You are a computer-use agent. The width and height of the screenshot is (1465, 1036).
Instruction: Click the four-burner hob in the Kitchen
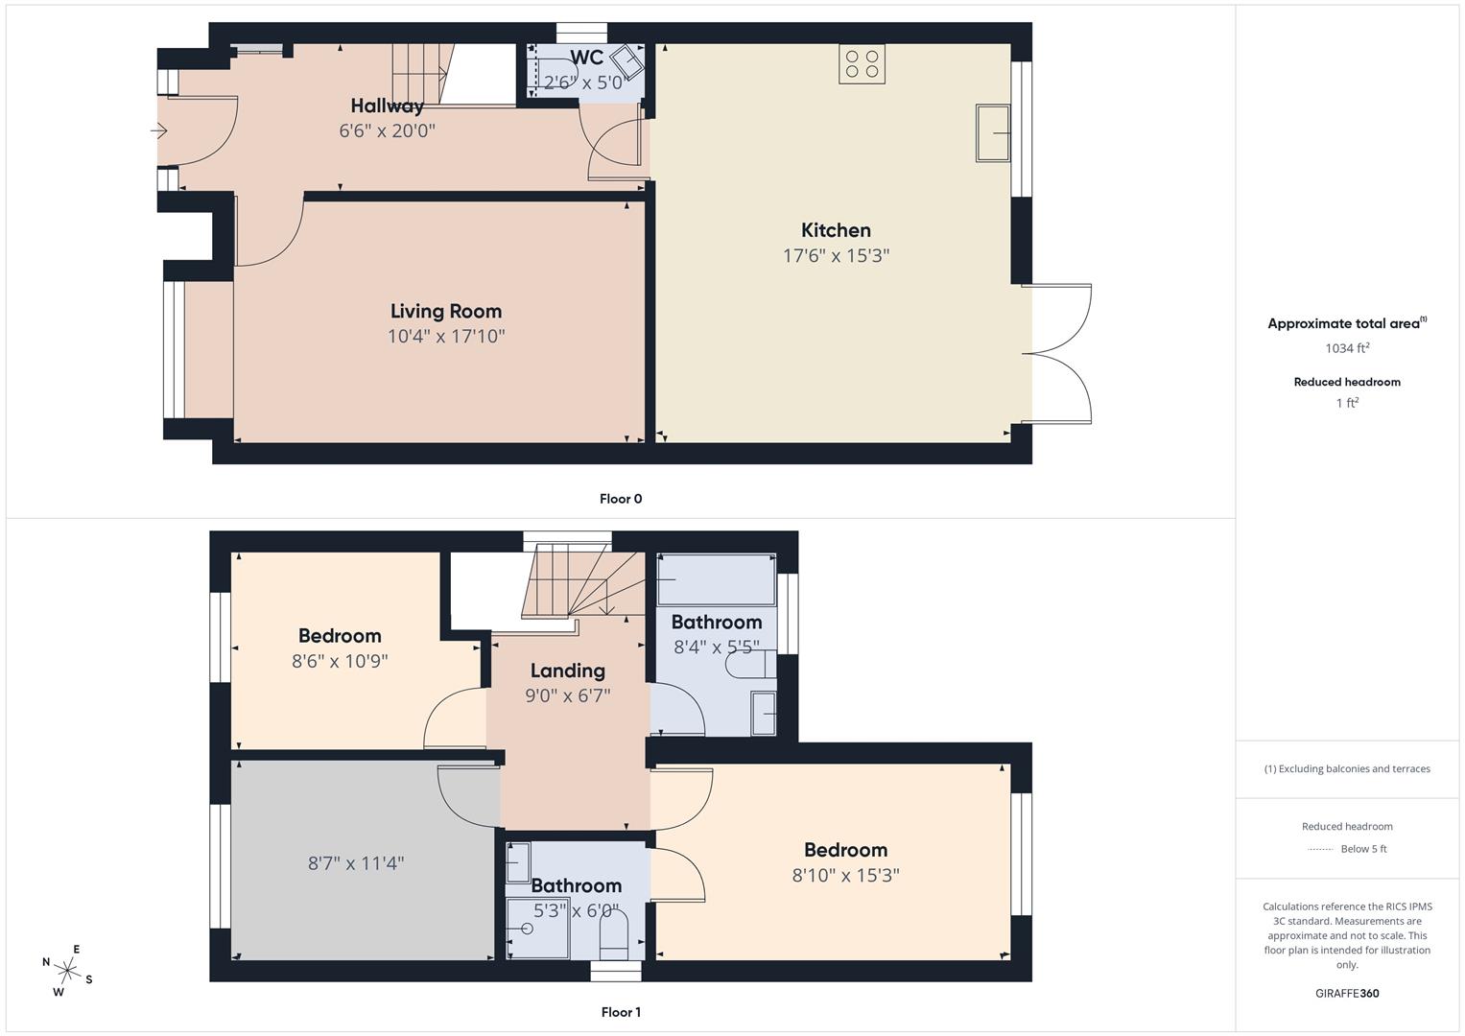click(862, 64)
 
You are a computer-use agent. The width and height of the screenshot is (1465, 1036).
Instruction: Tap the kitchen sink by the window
click(993, 132)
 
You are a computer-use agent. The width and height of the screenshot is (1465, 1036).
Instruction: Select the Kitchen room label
click(836, 230)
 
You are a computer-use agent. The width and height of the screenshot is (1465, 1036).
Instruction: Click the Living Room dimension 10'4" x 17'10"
click(446, 336)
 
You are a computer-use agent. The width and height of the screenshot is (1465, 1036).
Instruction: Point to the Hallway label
click(388, 106)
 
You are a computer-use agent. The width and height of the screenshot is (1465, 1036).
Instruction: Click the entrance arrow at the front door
click(159, 130)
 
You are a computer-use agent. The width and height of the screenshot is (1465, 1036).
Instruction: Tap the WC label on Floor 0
click(586, 58)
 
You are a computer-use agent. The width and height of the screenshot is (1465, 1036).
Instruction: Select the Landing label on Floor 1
click(568, 671)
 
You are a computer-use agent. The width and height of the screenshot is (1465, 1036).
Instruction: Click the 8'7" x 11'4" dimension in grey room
click(356, 863)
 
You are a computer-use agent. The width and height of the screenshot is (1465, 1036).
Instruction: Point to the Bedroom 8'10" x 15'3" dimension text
click(845, 875)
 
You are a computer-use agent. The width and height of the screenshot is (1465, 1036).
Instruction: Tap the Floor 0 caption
click(621, 499)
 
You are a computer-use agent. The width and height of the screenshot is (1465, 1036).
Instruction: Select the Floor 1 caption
click(621, 1012)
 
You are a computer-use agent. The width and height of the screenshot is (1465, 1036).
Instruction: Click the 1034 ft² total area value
click(1347, 348)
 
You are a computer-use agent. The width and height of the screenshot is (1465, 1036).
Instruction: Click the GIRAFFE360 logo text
click(1347, 994)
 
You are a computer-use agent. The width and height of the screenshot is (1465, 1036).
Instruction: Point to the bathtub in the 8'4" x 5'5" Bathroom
click(716, 579)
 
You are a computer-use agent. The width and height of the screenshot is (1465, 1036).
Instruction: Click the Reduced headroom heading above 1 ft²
click(1347, 382)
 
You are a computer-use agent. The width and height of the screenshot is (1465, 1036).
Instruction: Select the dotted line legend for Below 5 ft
click(1320, 849)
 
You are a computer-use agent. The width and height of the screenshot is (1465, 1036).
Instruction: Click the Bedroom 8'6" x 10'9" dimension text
click(340, 661)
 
